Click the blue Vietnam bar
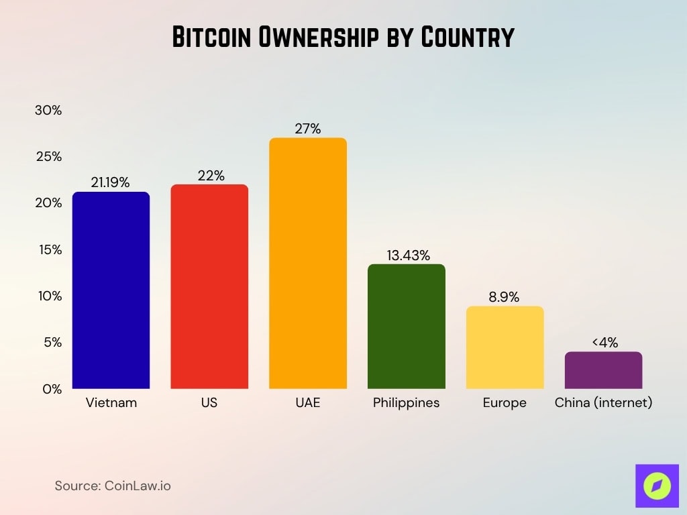click(111, 290)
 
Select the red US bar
click(209, 286)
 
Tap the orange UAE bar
click(308, 264)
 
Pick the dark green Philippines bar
click(407, 327)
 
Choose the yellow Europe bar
click(505, 347)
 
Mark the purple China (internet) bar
click(603, 370)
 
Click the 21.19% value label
click(111, 182)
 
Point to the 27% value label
click(308, 129)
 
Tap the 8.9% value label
click(504, 297)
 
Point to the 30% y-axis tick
click(48, 111)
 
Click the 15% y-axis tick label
click(48, 249)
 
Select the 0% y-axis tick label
click(51, 389)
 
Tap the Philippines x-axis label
click(406, 403)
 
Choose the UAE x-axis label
click(308, 403)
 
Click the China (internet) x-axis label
click(603, 403)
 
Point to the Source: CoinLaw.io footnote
click(113, 485)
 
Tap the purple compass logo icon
click(657, 485)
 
